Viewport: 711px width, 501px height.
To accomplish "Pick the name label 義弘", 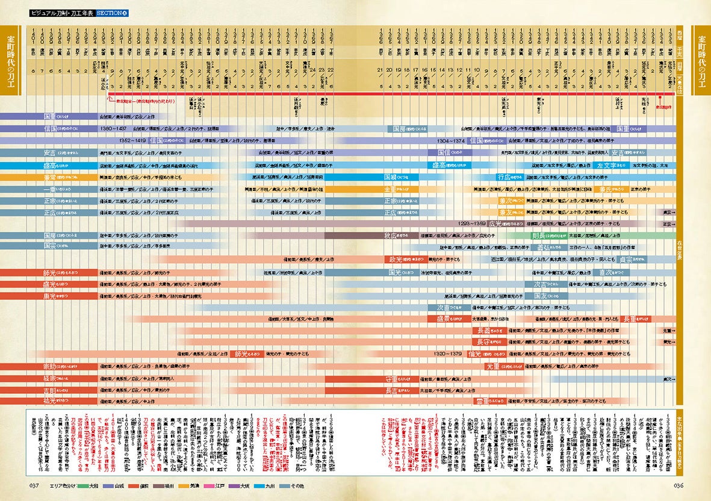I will pyautogui.click(x=547, y=247).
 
